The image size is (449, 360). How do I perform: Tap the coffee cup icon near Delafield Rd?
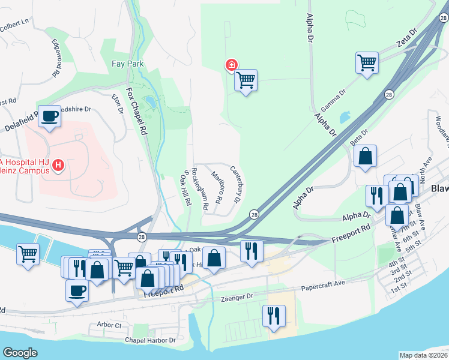(x=50, y=116)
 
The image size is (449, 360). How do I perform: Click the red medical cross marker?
(x=231, y=65)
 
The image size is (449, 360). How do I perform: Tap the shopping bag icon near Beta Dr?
(x=365, y=157)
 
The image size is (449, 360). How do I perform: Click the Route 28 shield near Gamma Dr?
(x=389, y=95)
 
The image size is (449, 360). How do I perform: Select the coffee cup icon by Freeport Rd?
(x=76, y=292)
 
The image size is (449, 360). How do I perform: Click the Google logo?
(x=20, y=353)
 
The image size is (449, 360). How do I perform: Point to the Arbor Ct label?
(x=109, y=325)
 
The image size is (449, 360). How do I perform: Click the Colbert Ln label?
(x=14, y=23)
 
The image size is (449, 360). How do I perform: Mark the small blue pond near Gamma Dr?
(x=345, y=117)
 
